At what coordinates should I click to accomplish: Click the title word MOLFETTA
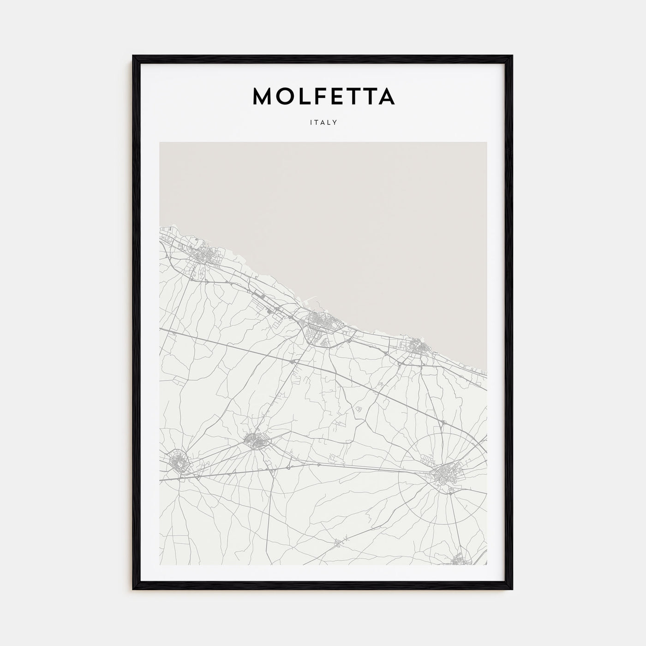(x=323, y=96)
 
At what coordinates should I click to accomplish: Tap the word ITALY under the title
(x=323, y=122)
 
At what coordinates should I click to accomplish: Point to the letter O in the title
(x=285, y=96)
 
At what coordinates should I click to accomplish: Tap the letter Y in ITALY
(x=336, y=122)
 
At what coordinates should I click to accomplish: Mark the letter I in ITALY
(x=310, y=122)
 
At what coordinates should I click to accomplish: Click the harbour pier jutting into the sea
(x=312, y=299)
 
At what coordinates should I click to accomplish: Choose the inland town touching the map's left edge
(x=176, y=461)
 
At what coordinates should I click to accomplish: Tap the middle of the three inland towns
(x=254, y=441)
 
